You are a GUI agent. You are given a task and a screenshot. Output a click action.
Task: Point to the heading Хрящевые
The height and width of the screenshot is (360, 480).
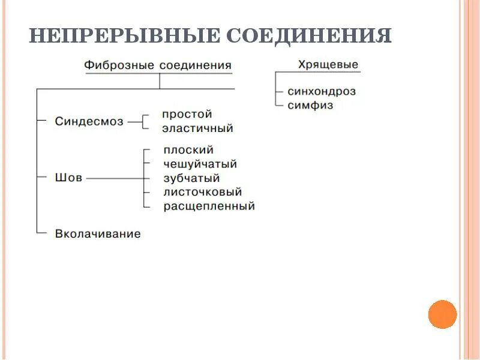click(328, 64)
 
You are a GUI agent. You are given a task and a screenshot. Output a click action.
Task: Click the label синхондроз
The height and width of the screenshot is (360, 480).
click(322, 92)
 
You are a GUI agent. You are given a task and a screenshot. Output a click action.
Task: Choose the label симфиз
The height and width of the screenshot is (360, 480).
click(311, 105)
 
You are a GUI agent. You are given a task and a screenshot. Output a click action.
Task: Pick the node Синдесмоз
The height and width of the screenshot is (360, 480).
click(89, 121)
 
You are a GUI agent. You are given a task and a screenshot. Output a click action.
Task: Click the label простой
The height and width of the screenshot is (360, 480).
click(187, 114)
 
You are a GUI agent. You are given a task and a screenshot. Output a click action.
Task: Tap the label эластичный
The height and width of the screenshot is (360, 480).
click(197, 128)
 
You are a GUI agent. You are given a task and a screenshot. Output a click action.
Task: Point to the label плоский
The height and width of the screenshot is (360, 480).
click(188, 150)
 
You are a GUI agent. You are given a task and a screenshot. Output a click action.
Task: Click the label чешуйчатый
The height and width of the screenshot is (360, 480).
click(200, 164)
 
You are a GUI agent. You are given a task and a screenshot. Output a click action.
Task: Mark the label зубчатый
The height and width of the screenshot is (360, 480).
click(191, 178)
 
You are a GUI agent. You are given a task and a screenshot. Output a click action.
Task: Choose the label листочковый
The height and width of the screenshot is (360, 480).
click(202, 192)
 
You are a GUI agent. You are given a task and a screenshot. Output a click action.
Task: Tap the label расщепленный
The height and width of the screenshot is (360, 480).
click(209, 206)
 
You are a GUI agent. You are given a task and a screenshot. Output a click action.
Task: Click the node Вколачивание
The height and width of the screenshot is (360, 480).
click(98, 234)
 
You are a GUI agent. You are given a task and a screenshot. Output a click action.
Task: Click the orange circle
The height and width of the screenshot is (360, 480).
click(443, 314)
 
